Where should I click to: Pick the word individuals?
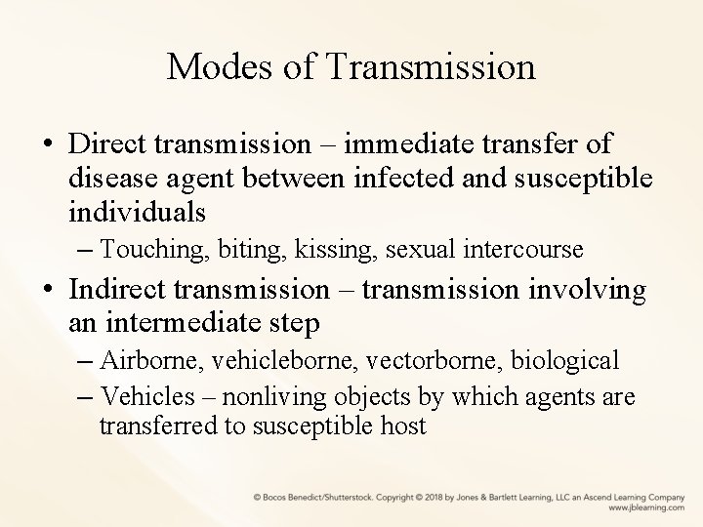tap(138, 210)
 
